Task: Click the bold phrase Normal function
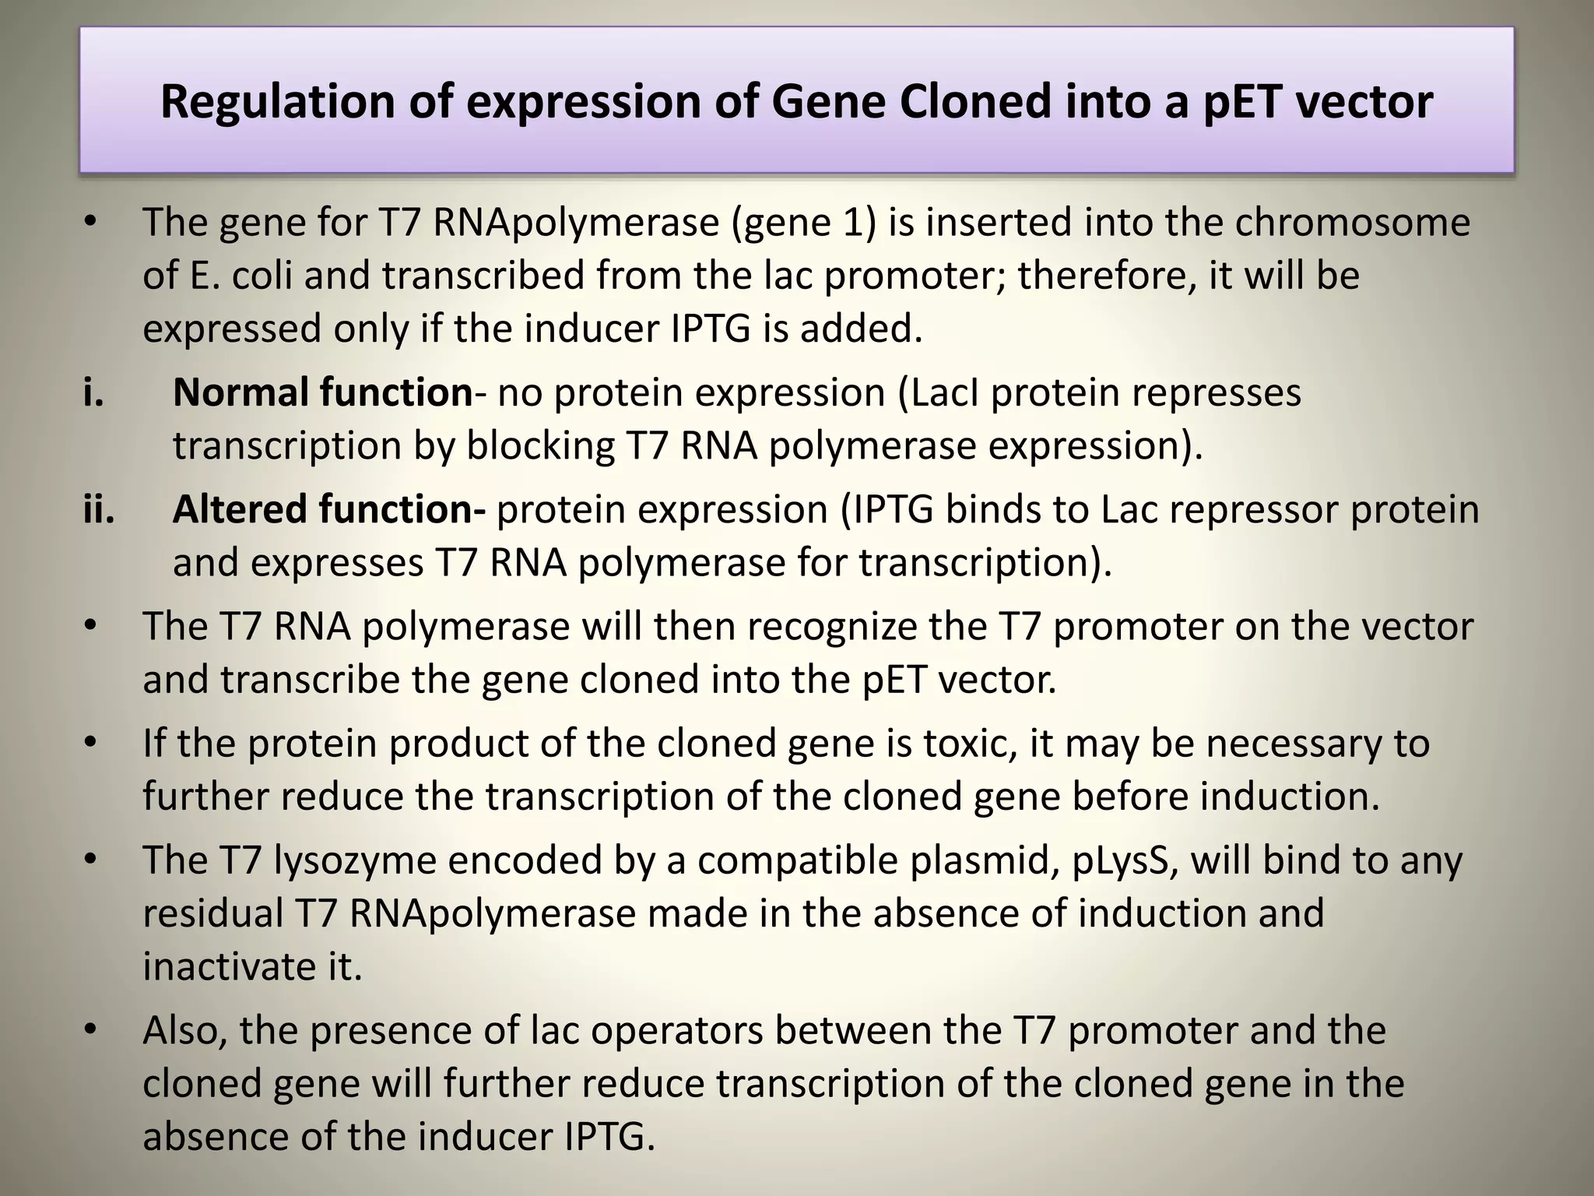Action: [322, 392]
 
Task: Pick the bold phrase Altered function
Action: [328, 510]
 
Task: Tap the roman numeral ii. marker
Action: [99, 510]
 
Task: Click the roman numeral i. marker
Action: [93, 392]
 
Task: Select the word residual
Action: [212, 913]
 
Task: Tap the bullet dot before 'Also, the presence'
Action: [91, 1031]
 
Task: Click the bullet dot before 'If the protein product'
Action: [91, 744]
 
